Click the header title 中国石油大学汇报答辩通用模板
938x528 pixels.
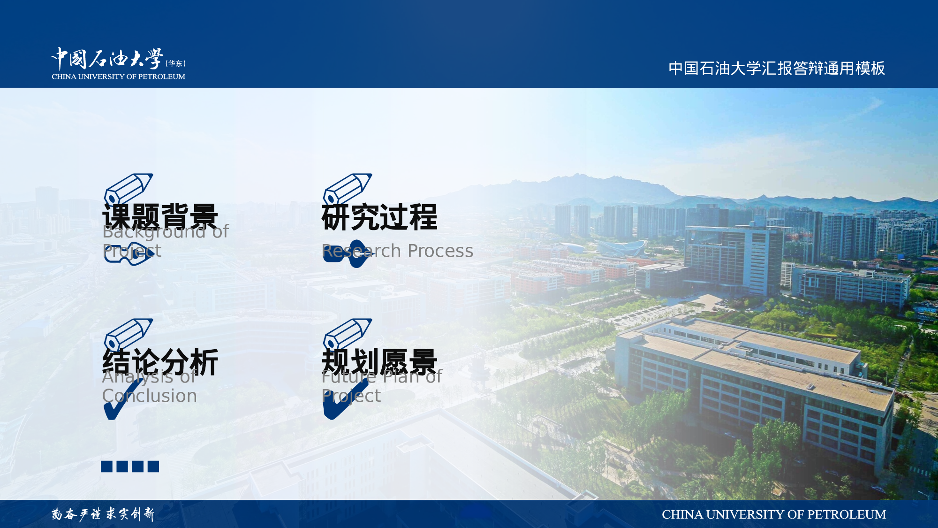point(777,69)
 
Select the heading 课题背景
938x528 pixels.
point(160,217)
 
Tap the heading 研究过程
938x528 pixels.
point(379,217)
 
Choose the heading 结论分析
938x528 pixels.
point(160,362)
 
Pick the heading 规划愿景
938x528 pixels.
point(379,362)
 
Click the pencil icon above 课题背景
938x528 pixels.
point(128,188)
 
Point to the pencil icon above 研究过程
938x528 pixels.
point(347,188)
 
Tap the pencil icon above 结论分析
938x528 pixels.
point(128,333)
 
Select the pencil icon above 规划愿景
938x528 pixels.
point(347,333)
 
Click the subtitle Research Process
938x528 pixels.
point(397,251)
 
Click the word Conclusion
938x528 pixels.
point(150,396)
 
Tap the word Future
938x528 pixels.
point(348,377)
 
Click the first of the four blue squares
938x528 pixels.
point(106,466)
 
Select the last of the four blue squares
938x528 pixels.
point(153,466)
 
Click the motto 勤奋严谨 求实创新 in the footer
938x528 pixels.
point(103,514)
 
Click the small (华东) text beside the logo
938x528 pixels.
point(175,63)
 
